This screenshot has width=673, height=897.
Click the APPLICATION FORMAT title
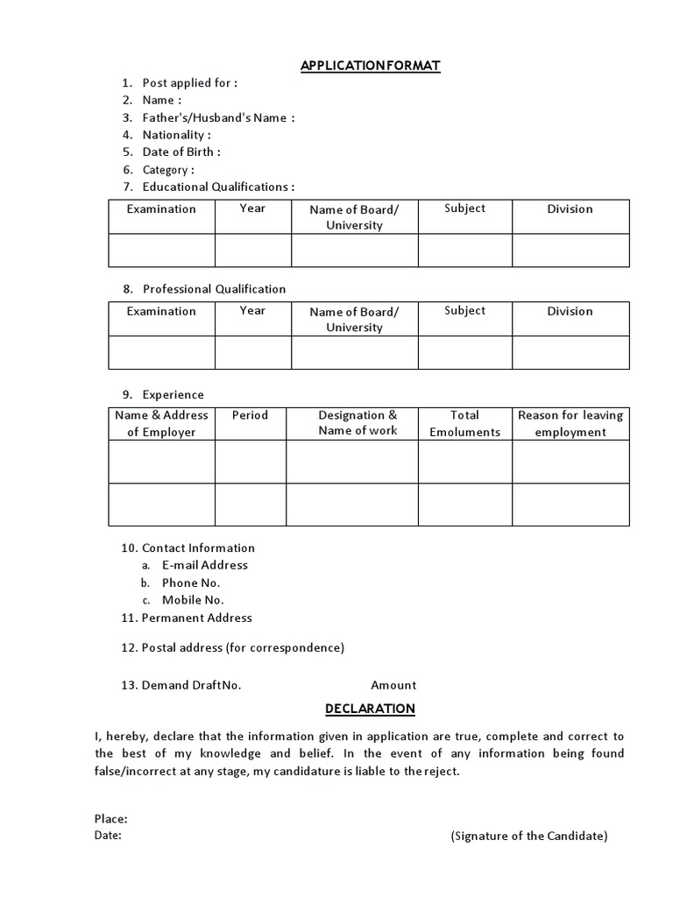pos(370,66)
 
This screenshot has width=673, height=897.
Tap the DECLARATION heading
pos(370,709)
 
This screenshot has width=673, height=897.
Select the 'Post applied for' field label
pos(189,83)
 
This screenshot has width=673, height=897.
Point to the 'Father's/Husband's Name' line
pos(218,117)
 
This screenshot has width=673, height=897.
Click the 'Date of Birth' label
pos(181,152)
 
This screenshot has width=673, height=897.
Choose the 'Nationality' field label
pos(176,135)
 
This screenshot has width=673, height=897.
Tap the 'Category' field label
pos(168,170)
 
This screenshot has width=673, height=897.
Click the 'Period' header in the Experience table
pos(250,415)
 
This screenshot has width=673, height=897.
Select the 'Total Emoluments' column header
pos(464,423)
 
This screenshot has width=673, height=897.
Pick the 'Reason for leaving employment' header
pos(570,423)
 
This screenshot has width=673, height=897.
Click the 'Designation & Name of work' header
pos(358,423)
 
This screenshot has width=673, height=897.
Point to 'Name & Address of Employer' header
pos(161,423)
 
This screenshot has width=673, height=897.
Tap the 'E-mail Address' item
pos(204,565)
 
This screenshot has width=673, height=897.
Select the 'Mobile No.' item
pos(193,600)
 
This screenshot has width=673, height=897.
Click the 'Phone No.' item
pos(191,583)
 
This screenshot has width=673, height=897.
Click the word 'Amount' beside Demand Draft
pos(393,685)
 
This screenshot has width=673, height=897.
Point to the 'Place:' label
pos(111,819)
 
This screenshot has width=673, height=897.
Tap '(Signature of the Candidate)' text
pos(529,836)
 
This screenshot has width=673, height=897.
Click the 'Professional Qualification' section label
pos(214,289)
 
